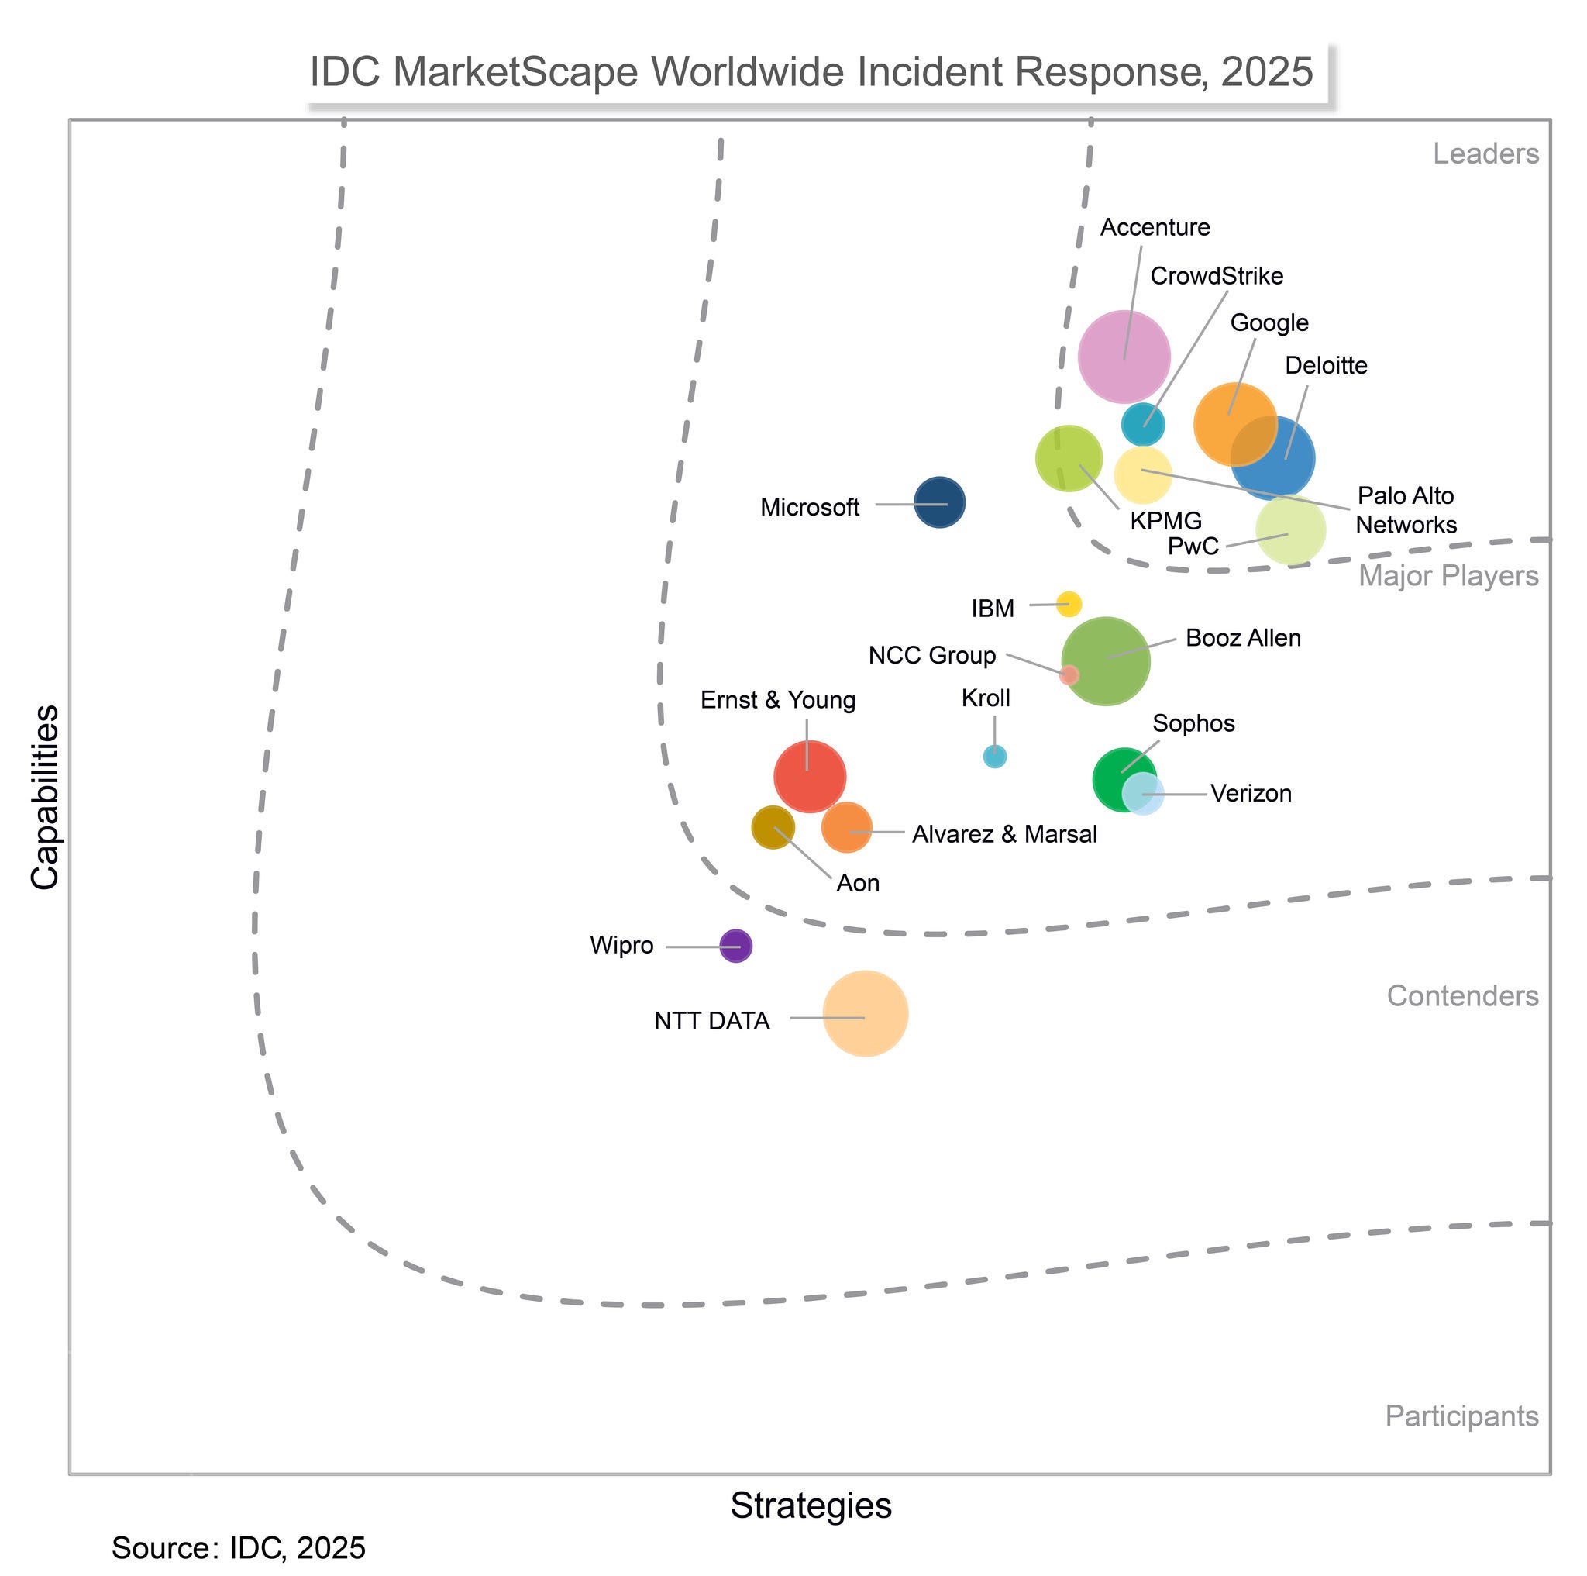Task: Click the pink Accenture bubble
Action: click(1123, 357)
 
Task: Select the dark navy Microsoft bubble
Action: click(939, 502)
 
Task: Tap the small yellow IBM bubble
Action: click(1068, 604)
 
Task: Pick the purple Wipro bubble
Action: click(735, 946)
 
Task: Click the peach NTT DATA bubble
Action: click(865, 1013)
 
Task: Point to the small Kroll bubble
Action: click(994, 756)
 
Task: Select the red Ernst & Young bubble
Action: click(809, 777)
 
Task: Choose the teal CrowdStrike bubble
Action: click(1143, 424)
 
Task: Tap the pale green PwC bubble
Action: click(1290, 531)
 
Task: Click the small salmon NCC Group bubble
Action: click(1068, 674)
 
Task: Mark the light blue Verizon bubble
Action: click(1144, 794)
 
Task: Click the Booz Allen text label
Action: click(1243, 639)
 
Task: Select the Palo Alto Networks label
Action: click(1406, 510)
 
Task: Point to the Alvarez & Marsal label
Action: click(1003, 835)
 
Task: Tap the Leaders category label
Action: click(1485, 153)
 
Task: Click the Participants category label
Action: click(1461, 1416)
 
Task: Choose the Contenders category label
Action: click(1462, 996)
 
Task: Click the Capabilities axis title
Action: click(45, 796)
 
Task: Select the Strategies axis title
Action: click(811, 1505)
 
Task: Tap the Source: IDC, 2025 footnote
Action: click(238, 1548)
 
